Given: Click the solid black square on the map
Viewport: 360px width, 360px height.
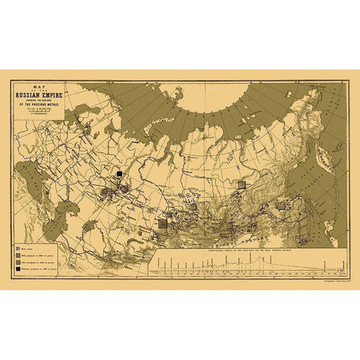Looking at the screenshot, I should [118, 175].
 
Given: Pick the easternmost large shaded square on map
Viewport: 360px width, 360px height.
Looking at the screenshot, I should [281, 204].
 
